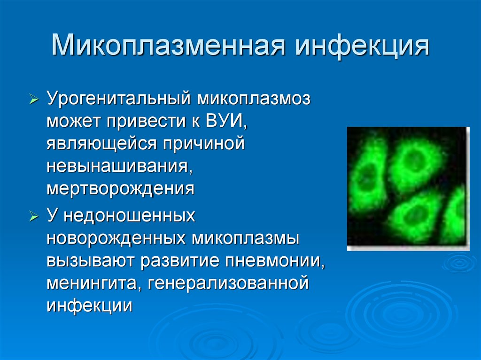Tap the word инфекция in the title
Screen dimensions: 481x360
point(362,46)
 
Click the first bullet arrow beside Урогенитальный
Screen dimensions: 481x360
point(34,99)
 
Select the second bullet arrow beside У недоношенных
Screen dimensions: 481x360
point(34,216)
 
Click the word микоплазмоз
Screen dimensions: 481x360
point(254,99)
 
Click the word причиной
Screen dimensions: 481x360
point(204,144)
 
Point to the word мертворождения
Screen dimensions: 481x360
point(121,189)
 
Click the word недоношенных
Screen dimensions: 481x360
point(129,216)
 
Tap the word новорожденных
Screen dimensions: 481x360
point(116,238)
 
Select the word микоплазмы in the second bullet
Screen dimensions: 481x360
point(246,238)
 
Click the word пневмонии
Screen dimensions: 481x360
point(275,261)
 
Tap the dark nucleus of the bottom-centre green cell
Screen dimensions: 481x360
point(415,214)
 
